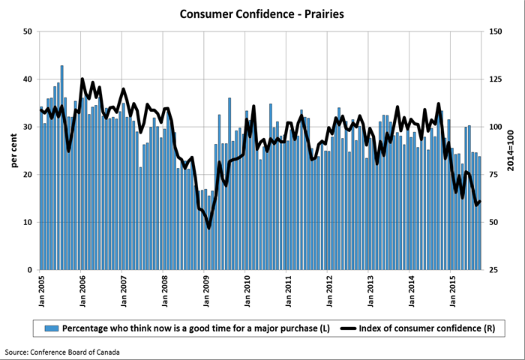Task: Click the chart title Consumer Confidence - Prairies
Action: (262, 13)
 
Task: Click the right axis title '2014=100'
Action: (510, 150)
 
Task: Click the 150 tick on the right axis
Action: (496, 31)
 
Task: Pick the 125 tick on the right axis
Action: (496, 79)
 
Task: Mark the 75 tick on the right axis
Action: (496, 175)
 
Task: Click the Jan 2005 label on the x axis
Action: (43, 288)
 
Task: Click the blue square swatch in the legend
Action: (51, 328)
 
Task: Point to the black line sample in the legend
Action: (349, 328)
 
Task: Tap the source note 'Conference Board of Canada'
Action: (61, 352)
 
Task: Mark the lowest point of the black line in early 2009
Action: (209, 228)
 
